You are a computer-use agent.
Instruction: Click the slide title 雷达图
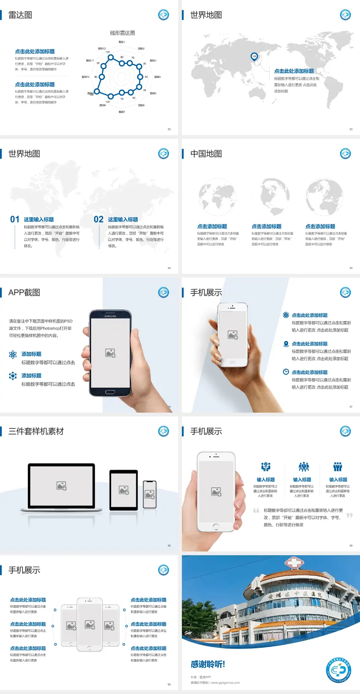click(20, 15)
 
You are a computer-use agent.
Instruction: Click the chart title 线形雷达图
click(122, 33)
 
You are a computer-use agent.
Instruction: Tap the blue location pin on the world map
click(254, 57)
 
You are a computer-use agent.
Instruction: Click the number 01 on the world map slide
click(15, 219)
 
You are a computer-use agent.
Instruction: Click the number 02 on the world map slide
click(99, 219)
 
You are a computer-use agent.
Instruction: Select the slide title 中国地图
click(206, 154)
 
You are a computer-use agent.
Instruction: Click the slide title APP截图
click(24, 293)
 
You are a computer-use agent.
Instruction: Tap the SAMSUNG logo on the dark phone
click(110, 316)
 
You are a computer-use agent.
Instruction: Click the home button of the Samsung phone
click(110, 392)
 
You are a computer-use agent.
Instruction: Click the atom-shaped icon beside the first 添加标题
click(13, 355)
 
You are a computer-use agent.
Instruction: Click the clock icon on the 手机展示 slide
click(286, 372)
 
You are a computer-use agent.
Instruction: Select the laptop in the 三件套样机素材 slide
click(61, 487)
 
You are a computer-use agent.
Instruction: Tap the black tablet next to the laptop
click(124, 490)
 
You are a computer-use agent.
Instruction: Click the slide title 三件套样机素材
click(36, 431)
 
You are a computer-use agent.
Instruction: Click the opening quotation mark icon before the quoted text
click(256, 511)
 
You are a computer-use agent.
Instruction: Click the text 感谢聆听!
click(208, 664)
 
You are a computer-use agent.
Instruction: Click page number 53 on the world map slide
click(351, 129)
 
